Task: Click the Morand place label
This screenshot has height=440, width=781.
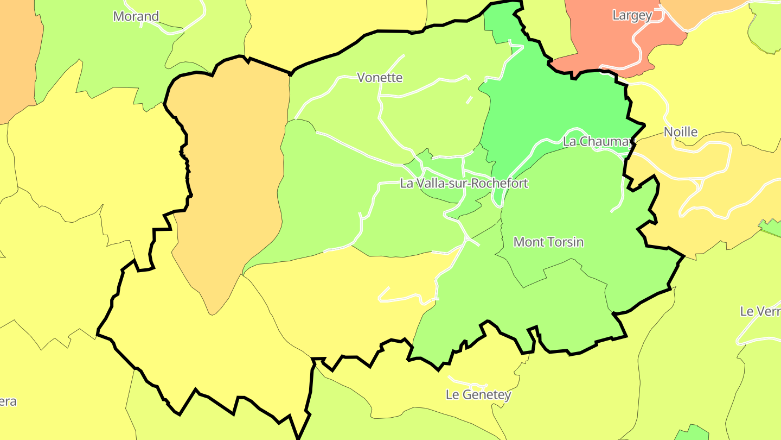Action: tap(136, 16)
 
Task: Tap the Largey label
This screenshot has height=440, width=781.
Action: tap(632, 15)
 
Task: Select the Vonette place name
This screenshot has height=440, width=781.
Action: tap(380, 78)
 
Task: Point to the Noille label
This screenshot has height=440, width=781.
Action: tap(681, 132)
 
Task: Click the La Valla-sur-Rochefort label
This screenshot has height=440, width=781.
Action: tap(464, 183)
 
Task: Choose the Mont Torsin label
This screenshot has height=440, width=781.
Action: tap(548, 242)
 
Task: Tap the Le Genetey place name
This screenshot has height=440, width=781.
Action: tap(478, 394)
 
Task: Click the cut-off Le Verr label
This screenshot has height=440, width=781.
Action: tap(760, 311)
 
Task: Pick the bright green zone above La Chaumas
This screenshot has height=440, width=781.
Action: tap(553, 103)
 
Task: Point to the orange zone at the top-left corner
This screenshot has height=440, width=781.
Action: tap(16, 54)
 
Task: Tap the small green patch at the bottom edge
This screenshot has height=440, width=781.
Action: tap(692, 433)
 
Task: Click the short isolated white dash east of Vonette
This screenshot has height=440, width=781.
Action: tap(469, 100)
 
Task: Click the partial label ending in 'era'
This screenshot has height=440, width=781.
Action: tap(8, 402)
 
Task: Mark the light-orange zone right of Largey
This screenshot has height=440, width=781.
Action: tap(700, 11)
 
